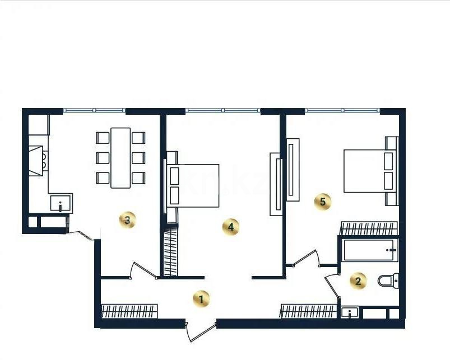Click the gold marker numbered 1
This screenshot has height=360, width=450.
202,298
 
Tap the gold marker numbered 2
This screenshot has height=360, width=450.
359,281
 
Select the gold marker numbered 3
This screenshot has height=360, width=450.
128,220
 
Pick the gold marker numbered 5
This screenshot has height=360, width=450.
323,202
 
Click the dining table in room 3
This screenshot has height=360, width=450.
120,158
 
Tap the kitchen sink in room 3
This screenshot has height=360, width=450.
61,203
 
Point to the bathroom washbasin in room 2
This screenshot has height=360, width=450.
350,312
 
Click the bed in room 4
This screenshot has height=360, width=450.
193,185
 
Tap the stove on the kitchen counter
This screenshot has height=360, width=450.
37,161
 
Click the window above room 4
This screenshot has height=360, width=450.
222,111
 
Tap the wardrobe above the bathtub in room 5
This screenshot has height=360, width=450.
369,228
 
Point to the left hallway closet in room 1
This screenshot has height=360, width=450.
129,311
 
